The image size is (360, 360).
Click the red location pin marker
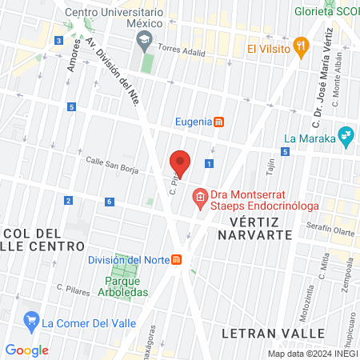(x=180, y=162)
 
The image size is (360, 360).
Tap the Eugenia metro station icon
(x=219, y=122)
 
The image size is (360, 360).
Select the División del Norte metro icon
(x=177, y=259)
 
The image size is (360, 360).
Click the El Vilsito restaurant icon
(x=301, y=46)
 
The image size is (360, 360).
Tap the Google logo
(x=27, y=350)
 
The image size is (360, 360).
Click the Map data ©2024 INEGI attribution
(x=312, y=354)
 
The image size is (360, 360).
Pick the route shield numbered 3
(x=58, y=41)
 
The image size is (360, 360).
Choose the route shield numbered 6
(x=109, y=201)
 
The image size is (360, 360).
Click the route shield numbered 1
(x=209, y=163)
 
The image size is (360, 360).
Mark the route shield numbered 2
(x=68, y=200)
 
